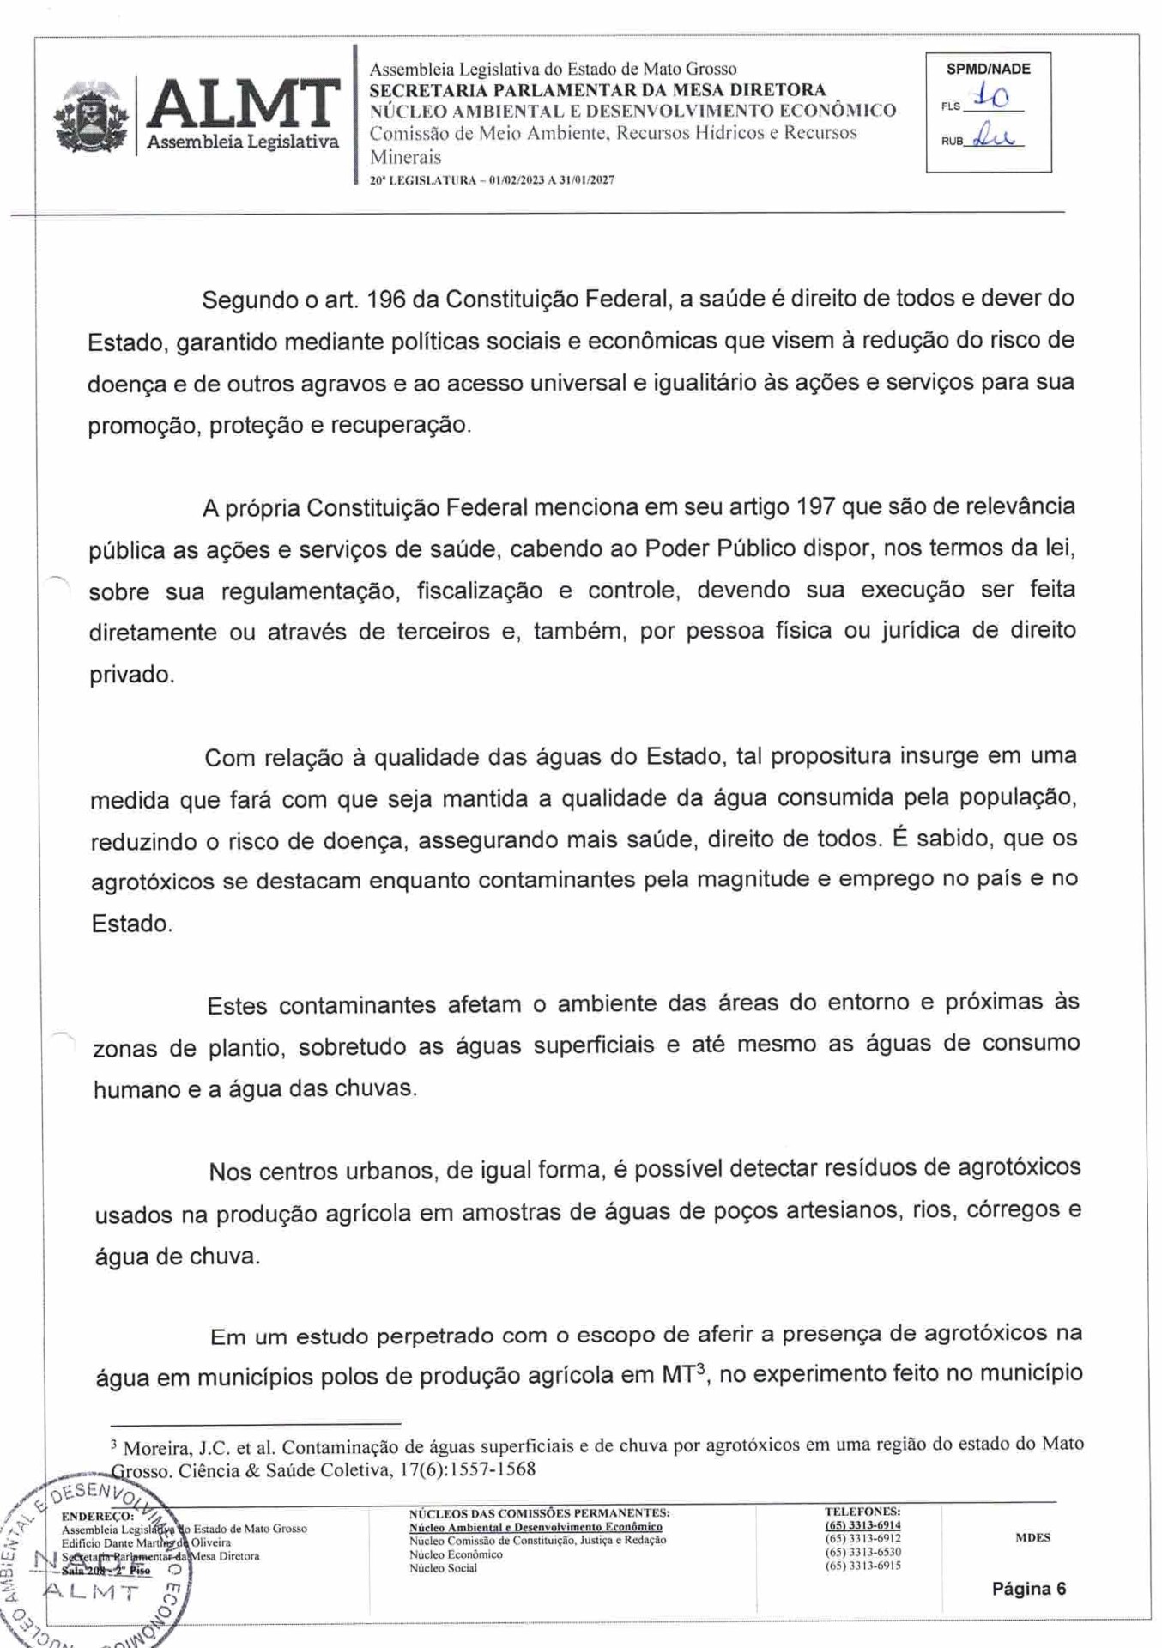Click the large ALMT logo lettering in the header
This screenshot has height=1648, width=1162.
point(243,105)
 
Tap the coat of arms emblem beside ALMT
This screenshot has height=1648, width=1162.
point(91,118)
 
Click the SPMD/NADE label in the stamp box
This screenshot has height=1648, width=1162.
point(988,70)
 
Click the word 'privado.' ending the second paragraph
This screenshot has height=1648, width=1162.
point(131,675)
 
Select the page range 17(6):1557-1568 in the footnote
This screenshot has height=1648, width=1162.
point(468,1469)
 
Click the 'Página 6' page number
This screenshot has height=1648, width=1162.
point(1028,1589)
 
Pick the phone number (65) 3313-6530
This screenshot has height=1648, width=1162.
point(862,1552)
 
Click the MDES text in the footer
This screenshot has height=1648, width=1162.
point(1032,1537)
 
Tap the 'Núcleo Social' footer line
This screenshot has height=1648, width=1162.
point(443,1568)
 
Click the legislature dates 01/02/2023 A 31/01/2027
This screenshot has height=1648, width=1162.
point(551,180)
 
